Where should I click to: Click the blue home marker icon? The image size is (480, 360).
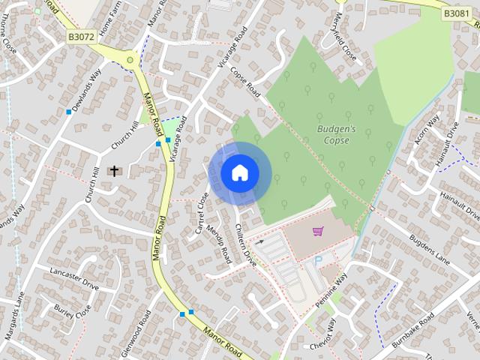[239, 172]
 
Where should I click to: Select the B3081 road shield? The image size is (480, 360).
[456, 13]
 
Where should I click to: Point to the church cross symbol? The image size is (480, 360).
[115, 171]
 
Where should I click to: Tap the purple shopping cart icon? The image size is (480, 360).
[317, 232]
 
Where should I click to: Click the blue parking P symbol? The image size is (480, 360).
[317, 259]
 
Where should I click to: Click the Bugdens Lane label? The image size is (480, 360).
[429, 249]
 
